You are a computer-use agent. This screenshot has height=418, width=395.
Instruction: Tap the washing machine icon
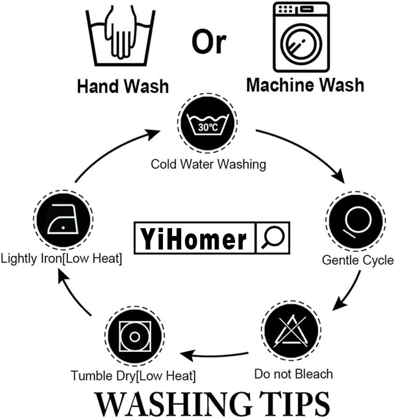(301, 37)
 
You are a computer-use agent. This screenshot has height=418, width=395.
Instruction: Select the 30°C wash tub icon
(207, 123)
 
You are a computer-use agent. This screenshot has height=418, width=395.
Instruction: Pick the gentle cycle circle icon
(355, 221)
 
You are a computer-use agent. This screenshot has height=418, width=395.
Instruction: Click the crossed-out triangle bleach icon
(291, 331)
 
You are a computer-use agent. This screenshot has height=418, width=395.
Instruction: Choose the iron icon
(63, 219)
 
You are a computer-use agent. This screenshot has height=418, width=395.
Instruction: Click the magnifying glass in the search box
(272, 237)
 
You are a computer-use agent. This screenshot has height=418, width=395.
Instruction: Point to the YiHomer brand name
(193, 239)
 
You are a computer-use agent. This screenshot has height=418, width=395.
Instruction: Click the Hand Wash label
(123, 86)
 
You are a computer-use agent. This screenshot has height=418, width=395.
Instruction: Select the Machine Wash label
(305, 85)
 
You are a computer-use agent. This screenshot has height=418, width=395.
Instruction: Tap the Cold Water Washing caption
(208, 164)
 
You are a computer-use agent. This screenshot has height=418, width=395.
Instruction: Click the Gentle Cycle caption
(358, 260)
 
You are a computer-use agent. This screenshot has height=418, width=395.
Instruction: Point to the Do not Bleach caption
(293, 374)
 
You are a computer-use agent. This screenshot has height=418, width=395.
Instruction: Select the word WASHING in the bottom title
(173, 404)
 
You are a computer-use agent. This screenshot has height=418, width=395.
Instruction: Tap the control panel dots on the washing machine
(285, 9)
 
